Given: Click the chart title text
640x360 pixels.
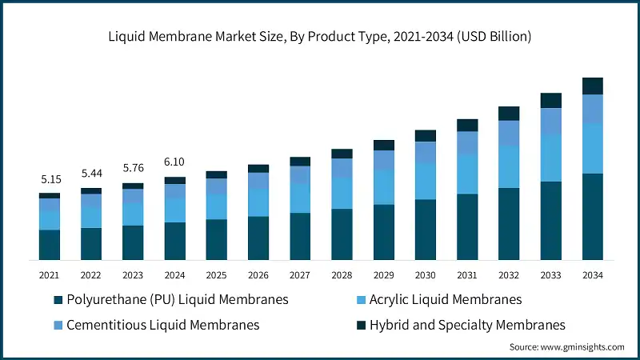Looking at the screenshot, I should point(320,37).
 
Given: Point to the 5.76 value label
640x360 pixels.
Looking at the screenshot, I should point(133,169).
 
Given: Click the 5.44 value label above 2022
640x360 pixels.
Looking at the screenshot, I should point(91,174).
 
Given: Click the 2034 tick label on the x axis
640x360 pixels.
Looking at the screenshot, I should point(592,275).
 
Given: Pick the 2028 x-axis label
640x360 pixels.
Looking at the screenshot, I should point(342,275).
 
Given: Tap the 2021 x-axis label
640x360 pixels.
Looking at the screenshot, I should point(50,275).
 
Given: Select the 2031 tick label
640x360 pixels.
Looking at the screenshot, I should point(467,275).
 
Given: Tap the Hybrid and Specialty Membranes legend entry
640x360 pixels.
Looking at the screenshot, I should point(461,325).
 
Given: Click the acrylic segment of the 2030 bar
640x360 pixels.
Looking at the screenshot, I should point(426,181).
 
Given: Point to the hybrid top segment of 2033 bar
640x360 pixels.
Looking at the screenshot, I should point(550,100).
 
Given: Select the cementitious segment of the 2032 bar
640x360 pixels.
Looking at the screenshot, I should point(509,133).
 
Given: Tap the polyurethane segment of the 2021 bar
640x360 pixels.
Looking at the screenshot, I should point(50,245).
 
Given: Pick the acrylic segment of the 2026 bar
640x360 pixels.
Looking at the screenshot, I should point(258,203).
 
